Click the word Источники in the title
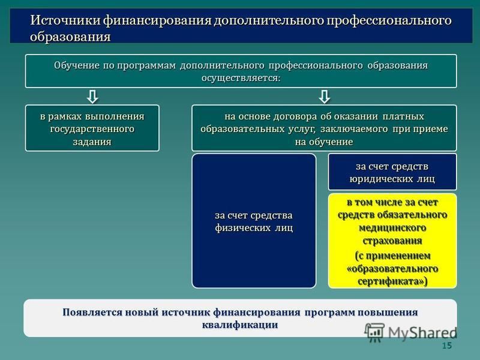[x=65, y=20]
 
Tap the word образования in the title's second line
[x=70, y=37]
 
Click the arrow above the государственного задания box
[x=92, y=97]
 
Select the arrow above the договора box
[x=324, y=97]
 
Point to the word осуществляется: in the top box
[x=241, y=78]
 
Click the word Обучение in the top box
[x=77, y=65]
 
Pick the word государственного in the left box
[x=92, y=129]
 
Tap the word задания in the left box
[x=92, y=142]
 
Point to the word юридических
[x=381, y=179]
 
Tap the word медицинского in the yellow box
[x=392, y=228]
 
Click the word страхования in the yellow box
[x=392, y=241]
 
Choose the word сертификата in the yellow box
[x=389, y=281]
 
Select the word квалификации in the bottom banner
[x=240, y=325]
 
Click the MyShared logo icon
[x=374, y=333]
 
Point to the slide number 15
[x=446, y=346]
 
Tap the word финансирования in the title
[x=157, y=20]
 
